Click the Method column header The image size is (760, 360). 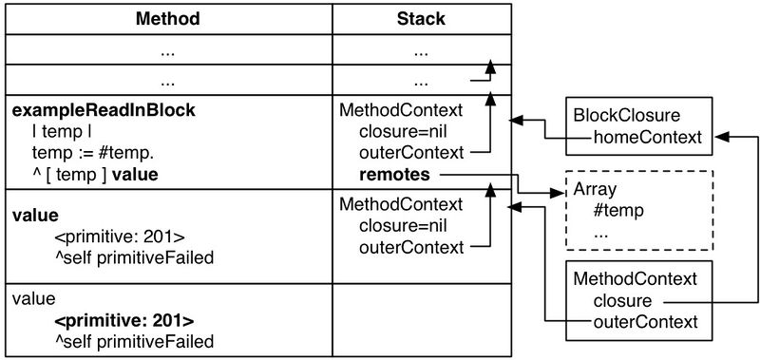coord(166,18)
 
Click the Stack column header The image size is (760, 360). coord(420,18)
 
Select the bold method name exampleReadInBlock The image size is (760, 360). coord(104,111)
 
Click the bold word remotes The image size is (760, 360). coord(394,175)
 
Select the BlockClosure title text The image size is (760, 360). coord(626,116)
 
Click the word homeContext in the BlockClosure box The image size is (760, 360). coord(646,138)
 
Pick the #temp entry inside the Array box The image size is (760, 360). coord(614,211)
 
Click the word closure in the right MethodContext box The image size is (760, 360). coord(622,300)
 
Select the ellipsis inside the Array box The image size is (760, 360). coord(600,232)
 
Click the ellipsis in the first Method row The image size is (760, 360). coord(166,48)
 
